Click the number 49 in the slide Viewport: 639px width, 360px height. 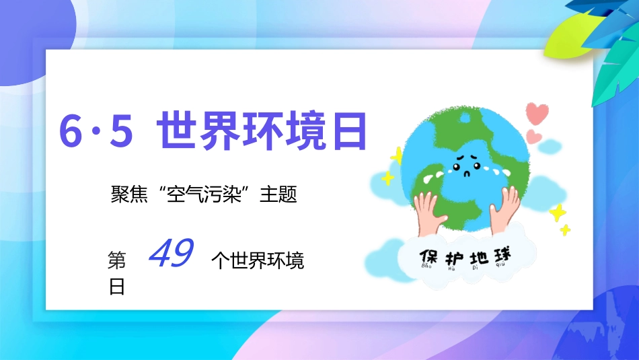coord(171,254)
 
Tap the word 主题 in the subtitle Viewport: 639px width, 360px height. coord(278,196)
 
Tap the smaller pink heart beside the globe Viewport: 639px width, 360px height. coord(533,136)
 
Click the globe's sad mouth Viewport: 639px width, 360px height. coord(464,172)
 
